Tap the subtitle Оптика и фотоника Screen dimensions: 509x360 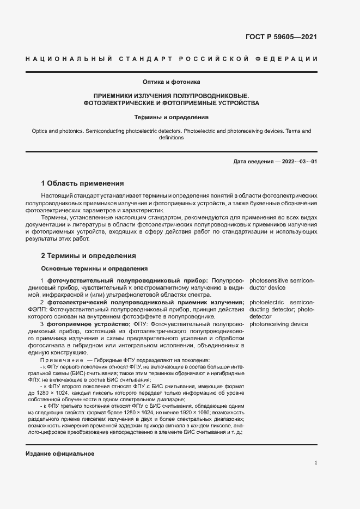172,82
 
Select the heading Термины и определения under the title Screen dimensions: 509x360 172,117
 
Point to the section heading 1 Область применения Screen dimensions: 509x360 83,183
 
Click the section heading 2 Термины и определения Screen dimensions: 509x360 89,255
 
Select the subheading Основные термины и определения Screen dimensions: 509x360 95,268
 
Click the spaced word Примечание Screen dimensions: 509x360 60,360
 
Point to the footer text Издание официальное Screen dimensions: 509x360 60,454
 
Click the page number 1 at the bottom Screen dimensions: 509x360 316,463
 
